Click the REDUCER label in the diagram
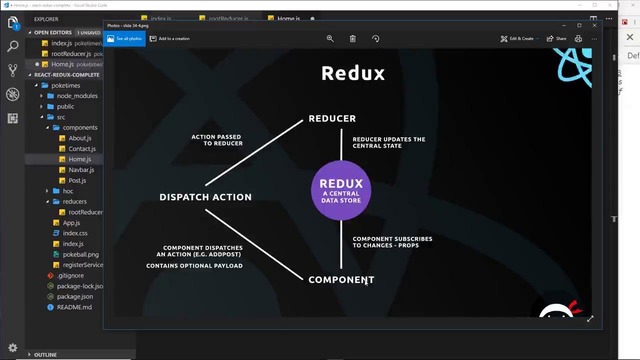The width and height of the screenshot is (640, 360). tap(332, 119)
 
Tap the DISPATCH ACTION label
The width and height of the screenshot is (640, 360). tap(205, 197)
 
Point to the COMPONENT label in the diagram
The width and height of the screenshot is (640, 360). tap(341, 279)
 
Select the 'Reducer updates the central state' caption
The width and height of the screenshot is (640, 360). tap(389, 143)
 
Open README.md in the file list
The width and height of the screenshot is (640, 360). tap(74, 307)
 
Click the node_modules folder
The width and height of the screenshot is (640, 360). tap(78, 96)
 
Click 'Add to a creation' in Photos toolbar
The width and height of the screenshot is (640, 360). tap(171, 39)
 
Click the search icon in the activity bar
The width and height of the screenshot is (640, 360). tap(13, 46)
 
